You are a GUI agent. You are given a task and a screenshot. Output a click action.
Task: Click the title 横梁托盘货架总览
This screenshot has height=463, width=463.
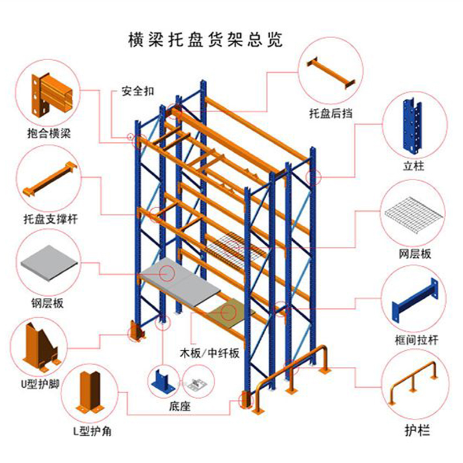[x=205, y=39]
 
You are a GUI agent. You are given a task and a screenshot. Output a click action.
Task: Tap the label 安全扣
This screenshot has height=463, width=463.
[x=138, y=91]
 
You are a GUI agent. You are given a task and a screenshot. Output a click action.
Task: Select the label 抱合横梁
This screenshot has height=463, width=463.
[x=49, y=134]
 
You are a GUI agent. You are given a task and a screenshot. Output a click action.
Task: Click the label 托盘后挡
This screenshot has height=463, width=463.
[x=330, y=113]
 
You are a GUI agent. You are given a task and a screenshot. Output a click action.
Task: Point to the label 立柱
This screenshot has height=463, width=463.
[x=413, y=166]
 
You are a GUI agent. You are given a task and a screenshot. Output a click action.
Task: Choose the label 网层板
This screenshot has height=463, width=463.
[x=415, y=253]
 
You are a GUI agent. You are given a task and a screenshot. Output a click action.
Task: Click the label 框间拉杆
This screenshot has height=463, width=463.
[x=416, y=340]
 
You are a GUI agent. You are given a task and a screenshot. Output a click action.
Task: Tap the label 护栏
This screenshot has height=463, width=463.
[x=417, y=430]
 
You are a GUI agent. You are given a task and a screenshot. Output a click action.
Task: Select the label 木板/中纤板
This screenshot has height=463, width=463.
[x=210, y=353]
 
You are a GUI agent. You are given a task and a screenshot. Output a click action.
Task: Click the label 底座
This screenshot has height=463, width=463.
[x=179, y=407]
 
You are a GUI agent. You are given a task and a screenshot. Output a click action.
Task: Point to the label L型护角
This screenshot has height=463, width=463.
[x=92, y=431]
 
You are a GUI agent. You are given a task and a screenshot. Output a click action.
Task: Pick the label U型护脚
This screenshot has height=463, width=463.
[x=40, y=384]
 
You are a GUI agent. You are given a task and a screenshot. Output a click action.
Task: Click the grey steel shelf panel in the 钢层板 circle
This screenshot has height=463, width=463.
[x=49, y=263]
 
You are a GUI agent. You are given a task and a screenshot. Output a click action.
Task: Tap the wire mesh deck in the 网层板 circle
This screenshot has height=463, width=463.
[x=414, y=216]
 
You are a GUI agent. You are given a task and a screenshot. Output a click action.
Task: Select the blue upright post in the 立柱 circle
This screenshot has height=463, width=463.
[x=413, y=126]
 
